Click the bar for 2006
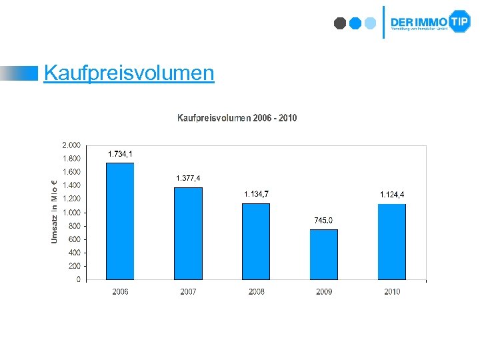point(120,221)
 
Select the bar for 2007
point(188,233)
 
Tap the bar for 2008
point(256,241)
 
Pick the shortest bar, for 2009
point(324,255)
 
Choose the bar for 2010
point(392,241)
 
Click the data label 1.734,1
point(120,154)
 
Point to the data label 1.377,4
point(188,178)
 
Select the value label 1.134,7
point(257,194)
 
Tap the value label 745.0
point(324,221)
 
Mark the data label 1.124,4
point(392,195)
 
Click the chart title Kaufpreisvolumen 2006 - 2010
point(237,118)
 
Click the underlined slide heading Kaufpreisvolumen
point(129,73)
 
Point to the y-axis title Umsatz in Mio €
point(55,210)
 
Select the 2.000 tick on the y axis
point(71,145)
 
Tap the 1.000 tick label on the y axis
point(71,212)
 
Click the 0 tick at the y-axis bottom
point(78,279)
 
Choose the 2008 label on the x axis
point(256,292)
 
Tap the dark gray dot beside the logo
point(340,23)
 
